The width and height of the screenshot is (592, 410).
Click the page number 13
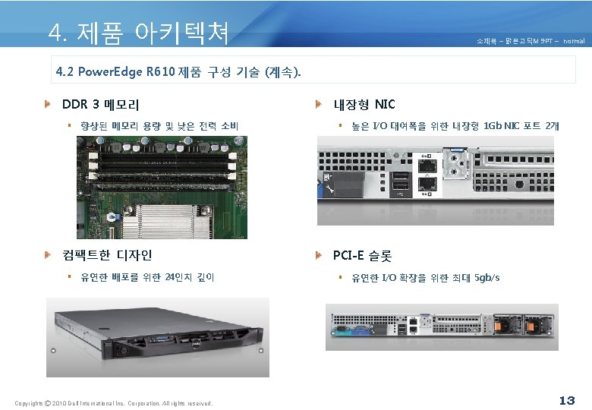pos(566,400)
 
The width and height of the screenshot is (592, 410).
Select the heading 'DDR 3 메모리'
pos(99,104)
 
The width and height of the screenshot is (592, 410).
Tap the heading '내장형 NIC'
pos(364,104)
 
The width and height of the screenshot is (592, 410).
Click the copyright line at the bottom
pos(114,402)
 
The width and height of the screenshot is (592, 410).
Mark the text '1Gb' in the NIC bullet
pos(493,125)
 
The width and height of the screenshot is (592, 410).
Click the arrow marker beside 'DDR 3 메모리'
pos(48,104)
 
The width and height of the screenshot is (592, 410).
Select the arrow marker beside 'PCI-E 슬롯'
pos(320,255)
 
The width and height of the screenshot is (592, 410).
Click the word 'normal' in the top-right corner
pos(574,40)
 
